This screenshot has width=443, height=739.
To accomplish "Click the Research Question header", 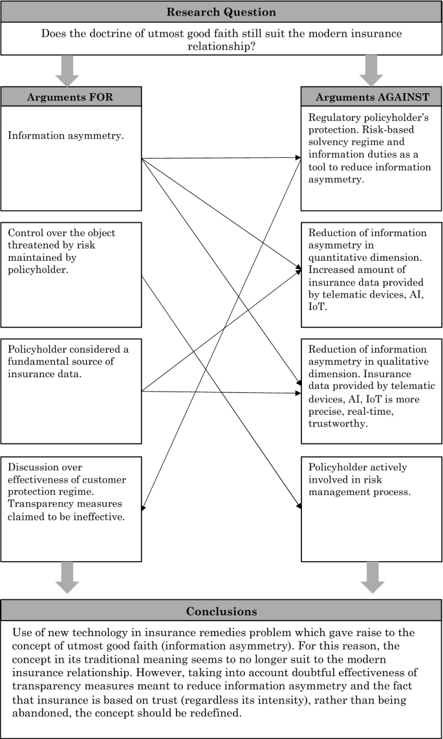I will [x=221, y=12].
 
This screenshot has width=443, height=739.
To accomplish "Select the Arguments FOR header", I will [x=71, y=96].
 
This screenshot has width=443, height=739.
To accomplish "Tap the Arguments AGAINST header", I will [x=372, y=96].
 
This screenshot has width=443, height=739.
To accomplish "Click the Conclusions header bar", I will [x=221, y=611].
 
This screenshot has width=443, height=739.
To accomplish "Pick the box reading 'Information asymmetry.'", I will [x=71, y=158].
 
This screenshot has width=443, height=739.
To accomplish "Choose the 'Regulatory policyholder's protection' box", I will [x=372, y=158].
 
